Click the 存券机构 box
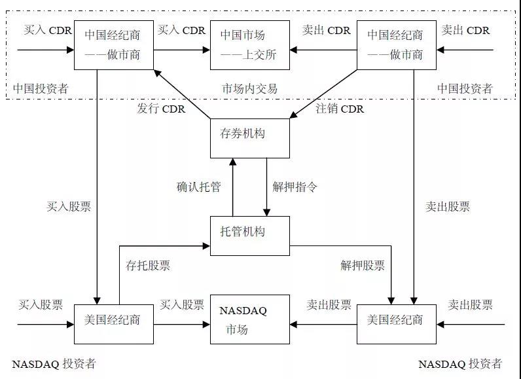pos(249,138)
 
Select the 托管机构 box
pos(249,236)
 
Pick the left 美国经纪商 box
pos(113,323)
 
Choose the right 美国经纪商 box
pos(395,323)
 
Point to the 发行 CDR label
pos(161,109)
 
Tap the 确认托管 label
pos(198,187)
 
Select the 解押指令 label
pos(295,187)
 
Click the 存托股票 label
pos(148,266)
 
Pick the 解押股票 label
pos(363,266)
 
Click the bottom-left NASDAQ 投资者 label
pos(54,364)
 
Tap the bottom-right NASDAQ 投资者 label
pos(460,364)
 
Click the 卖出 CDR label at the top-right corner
pos(465,30)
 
